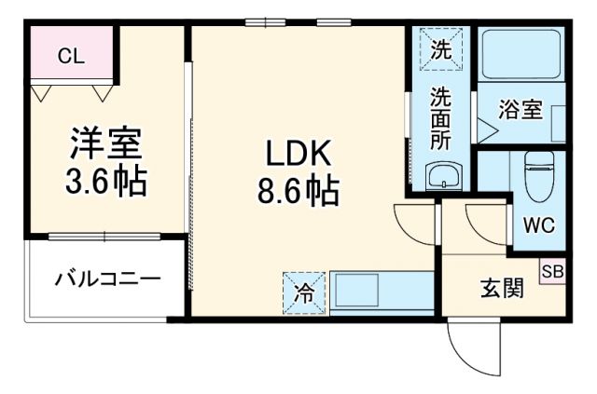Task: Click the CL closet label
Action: pos(71,57)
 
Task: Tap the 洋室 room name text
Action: pos(104,143)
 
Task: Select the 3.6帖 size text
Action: pos(104,181)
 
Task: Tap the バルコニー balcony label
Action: pos(105,279)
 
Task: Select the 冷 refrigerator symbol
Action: pos(303,291)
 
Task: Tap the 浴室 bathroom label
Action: pos(520,109)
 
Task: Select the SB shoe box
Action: pos(551,272)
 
